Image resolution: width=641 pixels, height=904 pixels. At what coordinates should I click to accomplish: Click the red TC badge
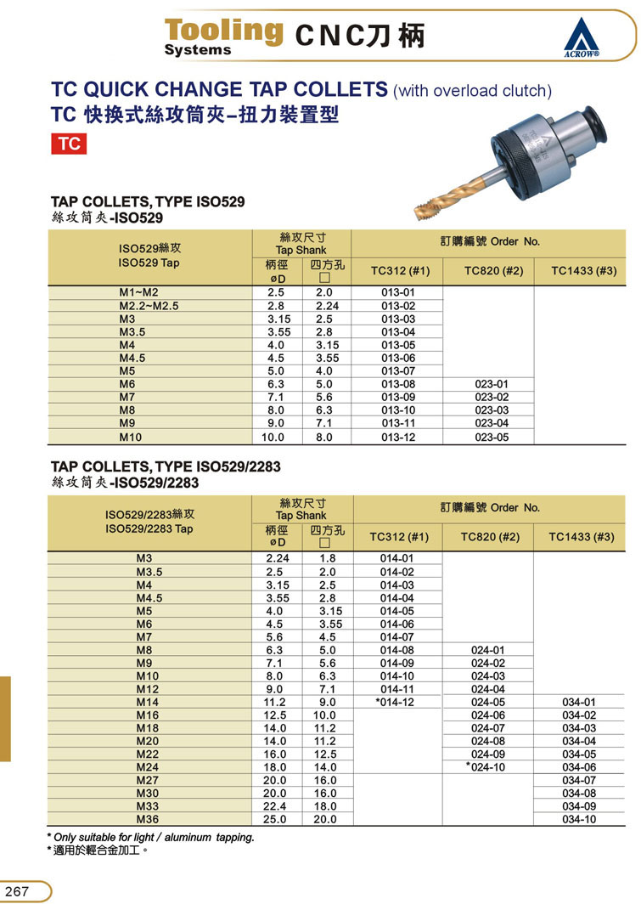[x=70, y=144]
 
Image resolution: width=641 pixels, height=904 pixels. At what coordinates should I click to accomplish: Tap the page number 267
[x=19, y=891]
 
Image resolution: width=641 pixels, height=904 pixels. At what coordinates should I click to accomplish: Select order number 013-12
[x=397, y=437]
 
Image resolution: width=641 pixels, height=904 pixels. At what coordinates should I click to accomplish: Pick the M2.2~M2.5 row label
[x=149, y=305]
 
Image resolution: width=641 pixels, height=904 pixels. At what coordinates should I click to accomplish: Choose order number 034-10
[x=580, y=819]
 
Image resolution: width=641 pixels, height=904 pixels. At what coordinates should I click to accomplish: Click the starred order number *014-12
[x=394, y=702]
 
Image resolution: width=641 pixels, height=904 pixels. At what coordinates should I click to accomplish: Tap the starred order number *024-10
[x=486, y=767]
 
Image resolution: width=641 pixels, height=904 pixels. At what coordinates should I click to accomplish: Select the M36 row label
[x=149, y=819]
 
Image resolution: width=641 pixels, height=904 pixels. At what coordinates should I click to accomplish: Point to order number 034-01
[x=580, y=702]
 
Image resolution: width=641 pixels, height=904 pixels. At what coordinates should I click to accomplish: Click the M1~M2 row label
[x=138, y=292]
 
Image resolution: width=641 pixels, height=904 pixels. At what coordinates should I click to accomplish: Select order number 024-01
[x=488, y=650]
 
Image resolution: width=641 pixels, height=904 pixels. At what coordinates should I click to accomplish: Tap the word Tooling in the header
[x=223, y=30]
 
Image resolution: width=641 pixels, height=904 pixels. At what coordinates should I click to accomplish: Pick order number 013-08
[x=397, y=384]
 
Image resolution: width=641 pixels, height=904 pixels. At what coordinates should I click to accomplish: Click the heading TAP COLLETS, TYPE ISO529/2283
[x=166, y=466]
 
